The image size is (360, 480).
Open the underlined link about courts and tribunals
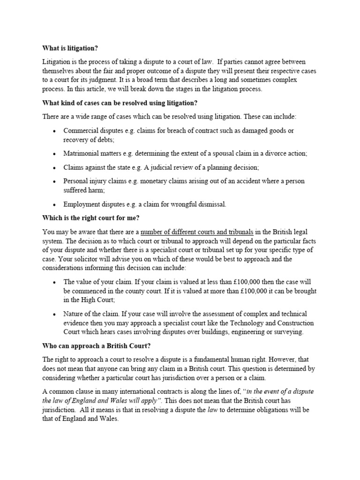pos(197,232)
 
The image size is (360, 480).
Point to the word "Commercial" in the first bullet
pos(81,131)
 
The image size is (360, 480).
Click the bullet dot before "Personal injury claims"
pos(55,181)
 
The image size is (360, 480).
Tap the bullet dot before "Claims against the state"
pos(55,167)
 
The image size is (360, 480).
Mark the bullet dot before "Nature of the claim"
pos(55,314)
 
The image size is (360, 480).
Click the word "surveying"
pos(288,332)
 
